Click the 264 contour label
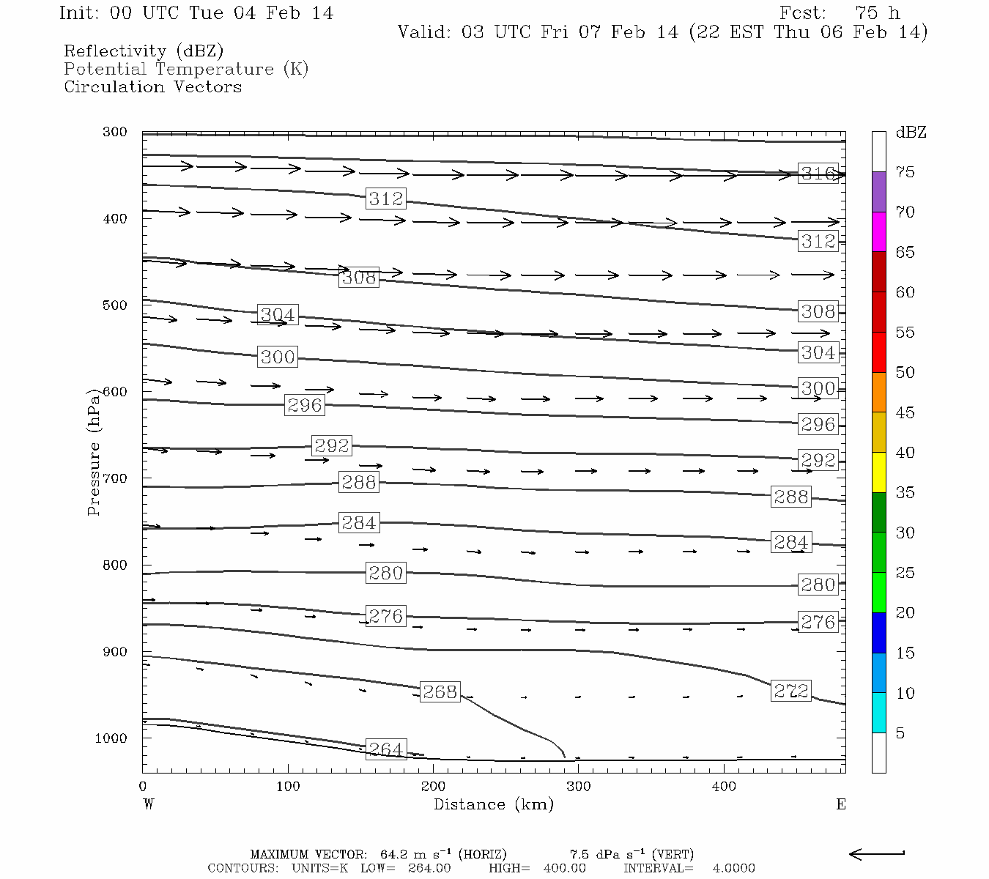[385, 749]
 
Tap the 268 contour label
[440, 691]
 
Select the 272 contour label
[791, 691]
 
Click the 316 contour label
[818, 174]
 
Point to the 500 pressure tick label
[115, 305]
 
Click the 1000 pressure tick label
[111, 738]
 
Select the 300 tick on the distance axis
[579, 787]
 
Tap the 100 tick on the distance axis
[288, 787]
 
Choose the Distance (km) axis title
[494, 804]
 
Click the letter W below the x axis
[149, 804]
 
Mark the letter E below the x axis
[841, 804]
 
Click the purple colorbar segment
[878, 192]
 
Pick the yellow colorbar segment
[878, 472]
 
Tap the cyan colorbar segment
[878, 713]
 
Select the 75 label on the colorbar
[905, 172]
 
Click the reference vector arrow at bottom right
[877, 853]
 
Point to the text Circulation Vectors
[152, 86]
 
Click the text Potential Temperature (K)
[186, 69]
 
